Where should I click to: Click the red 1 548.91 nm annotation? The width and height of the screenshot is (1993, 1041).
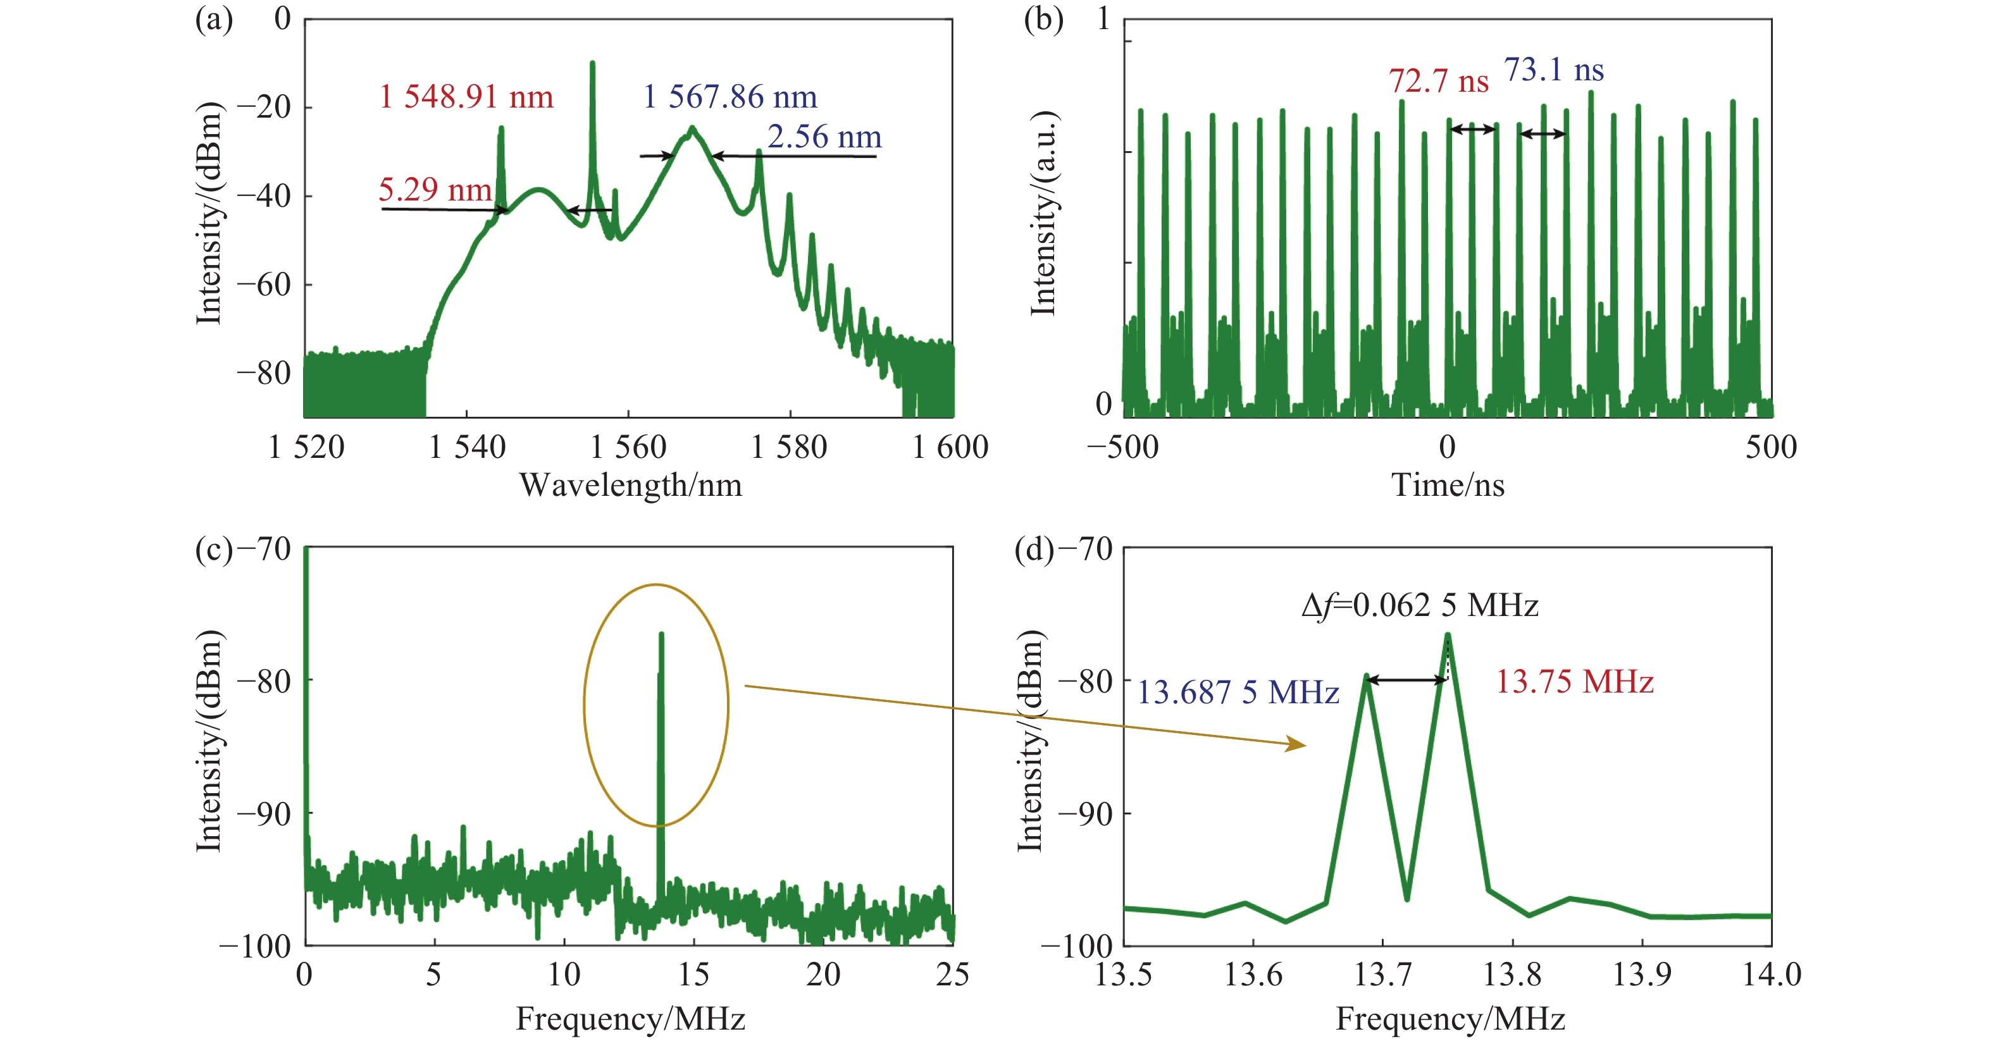[x=466, y=97]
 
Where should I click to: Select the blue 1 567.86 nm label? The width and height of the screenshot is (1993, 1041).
[x=730, y=97]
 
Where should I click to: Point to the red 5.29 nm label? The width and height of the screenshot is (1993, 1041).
[x=435, y=190]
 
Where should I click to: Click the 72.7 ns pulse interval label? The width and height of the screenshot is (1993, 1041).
[x=1438, y=81]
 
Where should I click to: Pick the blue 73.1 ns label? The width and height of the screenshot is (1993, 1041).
[x=1553, y=70]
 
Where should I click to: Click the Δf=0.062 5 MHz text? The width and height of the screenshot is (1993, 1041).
[x=1420, y=605]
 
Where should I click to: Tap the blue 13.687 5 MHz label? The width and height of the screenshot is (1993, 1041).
[x=1237, y=692]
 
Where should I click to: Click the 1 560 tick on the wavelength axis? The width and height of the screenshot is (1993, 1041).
[x=628, y=447]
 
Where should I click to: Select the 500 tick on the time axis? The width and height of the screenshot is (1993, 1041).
[x=1770, y=447]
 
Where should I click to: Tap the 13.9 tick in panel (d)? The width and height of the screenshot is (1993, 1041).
[x=1642, y=975]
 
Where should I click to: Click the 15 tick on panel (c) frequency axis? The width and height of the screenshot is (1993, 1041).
[x=693, y=975]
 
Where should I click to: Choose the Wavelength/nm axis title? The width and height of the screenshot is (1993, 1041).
[x=630, y=486]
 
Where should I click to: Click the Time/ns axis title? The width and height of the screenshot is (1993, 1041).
[x=1448, y=486]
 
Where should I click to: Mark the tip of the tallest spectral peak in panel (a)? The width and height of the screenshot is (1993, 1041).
[x=593, y=63]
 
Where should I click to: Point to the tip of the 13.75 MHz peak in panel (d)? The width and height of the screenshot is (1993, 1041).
[x=1448, y=635]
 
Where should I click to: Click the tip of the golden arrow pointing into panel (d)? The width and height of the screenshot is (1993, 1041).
[x=1305, y=746]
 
